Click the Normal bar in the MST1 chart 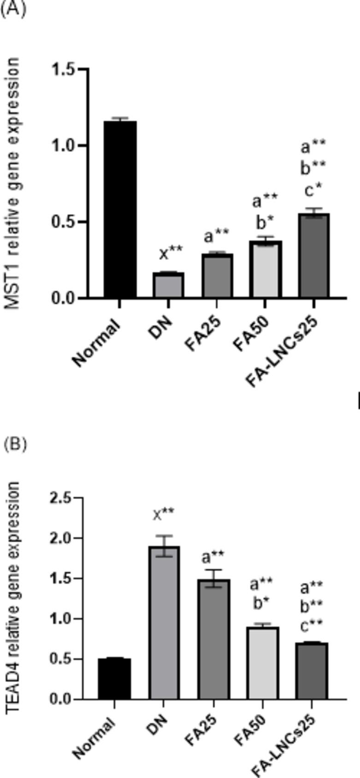tap(119, 210)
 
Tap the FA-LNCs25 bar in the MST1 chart tap(313, 256)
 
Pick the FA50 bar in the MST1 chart tap(265, 270)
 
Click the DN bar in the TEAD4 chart tap(164, 622)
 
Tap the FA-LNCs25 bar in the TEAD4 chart tap(312, 671)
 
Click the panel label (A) tap(12, 9)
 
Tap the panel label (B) tap(15, 444)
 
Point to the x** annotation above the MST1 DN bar tap(171, 253)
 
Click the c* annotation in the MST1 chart tap(313, 189)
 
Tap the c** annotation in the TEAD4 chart tap(312, 625)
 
